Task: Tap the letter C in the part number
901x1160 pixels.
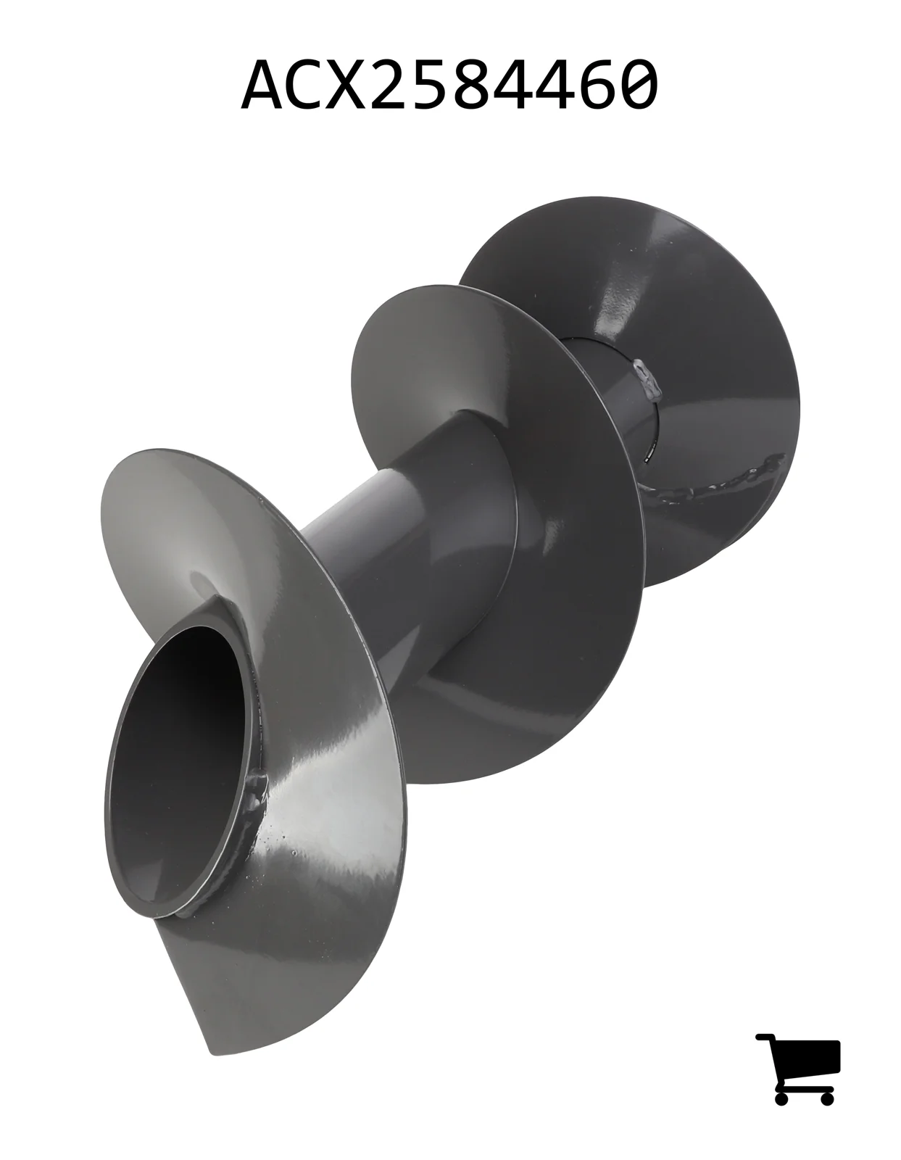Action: pyautogui.click(x=308, y=85)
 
